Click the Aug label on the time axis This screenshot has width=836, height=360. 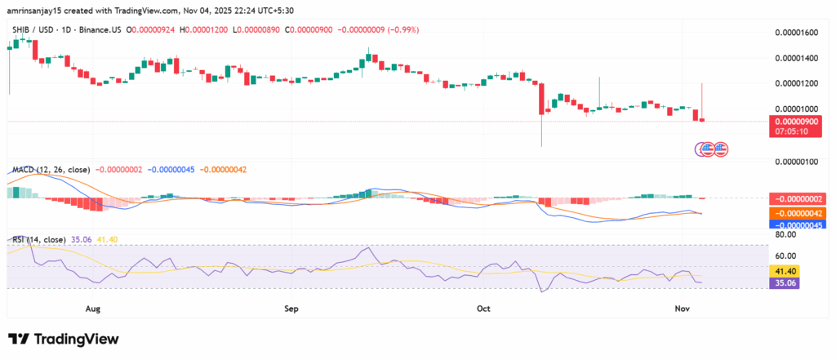(91, 309)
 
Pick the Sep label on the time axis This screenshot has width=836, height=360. (291, 309)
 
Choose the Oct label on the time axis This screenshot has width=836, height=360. (483, 309)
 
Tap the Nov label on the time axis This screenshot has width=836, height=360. (683, 309)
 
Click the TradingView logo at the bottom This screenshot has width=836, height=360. (64, 339)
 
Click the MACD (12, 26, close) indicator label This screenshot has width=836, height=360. (51, 170)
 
